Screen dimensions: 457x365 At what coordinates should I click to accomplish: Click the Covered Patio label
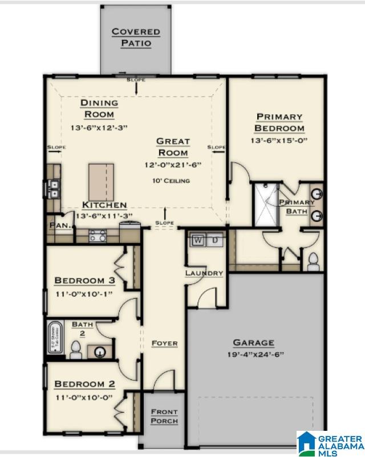(136, 38)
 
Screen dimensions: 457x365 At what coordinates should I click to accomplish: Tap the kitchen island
(100, 182)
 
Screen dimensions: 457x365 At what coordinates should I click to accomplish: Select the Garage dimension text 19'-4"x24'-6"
(254, 354)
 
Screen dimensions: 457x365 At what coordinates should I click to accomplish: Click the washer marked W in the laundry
(198, 240)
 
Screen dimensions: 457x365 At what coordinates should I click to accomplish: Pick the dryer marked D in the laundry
(215, 240)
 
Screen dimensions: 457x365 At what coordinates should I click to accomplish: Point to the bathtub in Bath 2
(55, 336)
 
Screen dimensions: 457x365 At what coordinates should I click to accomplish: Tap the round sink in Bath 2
(100, 352)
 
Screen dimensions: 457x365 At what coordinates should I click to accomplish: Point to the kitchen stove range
(98, 236)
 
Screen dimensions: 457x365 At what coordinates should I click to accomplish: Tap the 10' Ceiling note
(171, 180)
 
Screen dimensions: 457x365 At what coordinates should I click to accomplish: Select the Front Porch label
(164, 416)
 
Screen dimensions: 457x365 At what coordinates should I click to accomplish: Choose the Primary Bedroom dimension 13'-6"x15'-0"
(279, 140)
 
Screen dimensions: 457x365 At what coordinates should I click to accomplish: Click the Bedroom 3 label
(85, 281)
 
